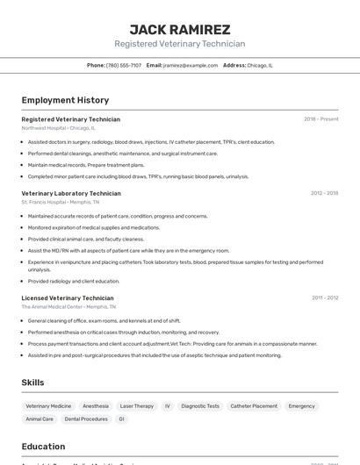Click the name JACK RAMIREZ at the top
point(180,29)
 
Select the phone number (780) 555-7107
point(124,65)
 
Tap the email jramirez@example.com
point(191,65)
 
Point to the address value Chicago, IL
point(260,65)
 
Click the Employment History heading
point(65,100)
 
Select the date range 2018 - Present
point(320,119)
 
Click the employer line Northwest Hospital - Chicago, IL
point(58,128)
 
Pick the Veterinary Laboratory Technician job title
point(71,193)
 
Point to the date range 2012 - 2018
point(324,193)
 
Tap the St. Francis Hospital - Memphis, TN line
point(61,202)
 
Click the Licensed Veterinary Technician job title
point(68,298)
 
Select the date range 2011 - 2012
point(324,298)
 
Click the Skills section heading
point(32,383)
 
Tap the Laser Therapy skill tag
point(137,406)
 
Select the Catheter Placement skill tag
point(252,406)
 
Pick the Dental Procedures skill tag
point(86,419)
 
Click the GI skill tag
point(121,419)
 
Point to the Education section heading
point(43,447)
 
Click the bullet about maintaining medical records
point(86,165)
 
